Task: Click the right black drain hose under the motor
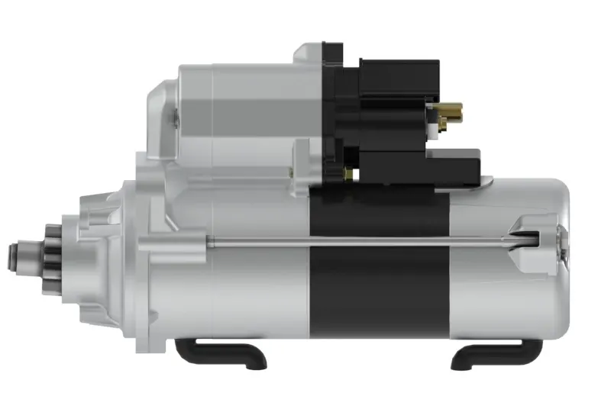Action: tap(496, 353)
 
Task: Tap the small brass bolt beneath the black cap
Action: tap(348, 173)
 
